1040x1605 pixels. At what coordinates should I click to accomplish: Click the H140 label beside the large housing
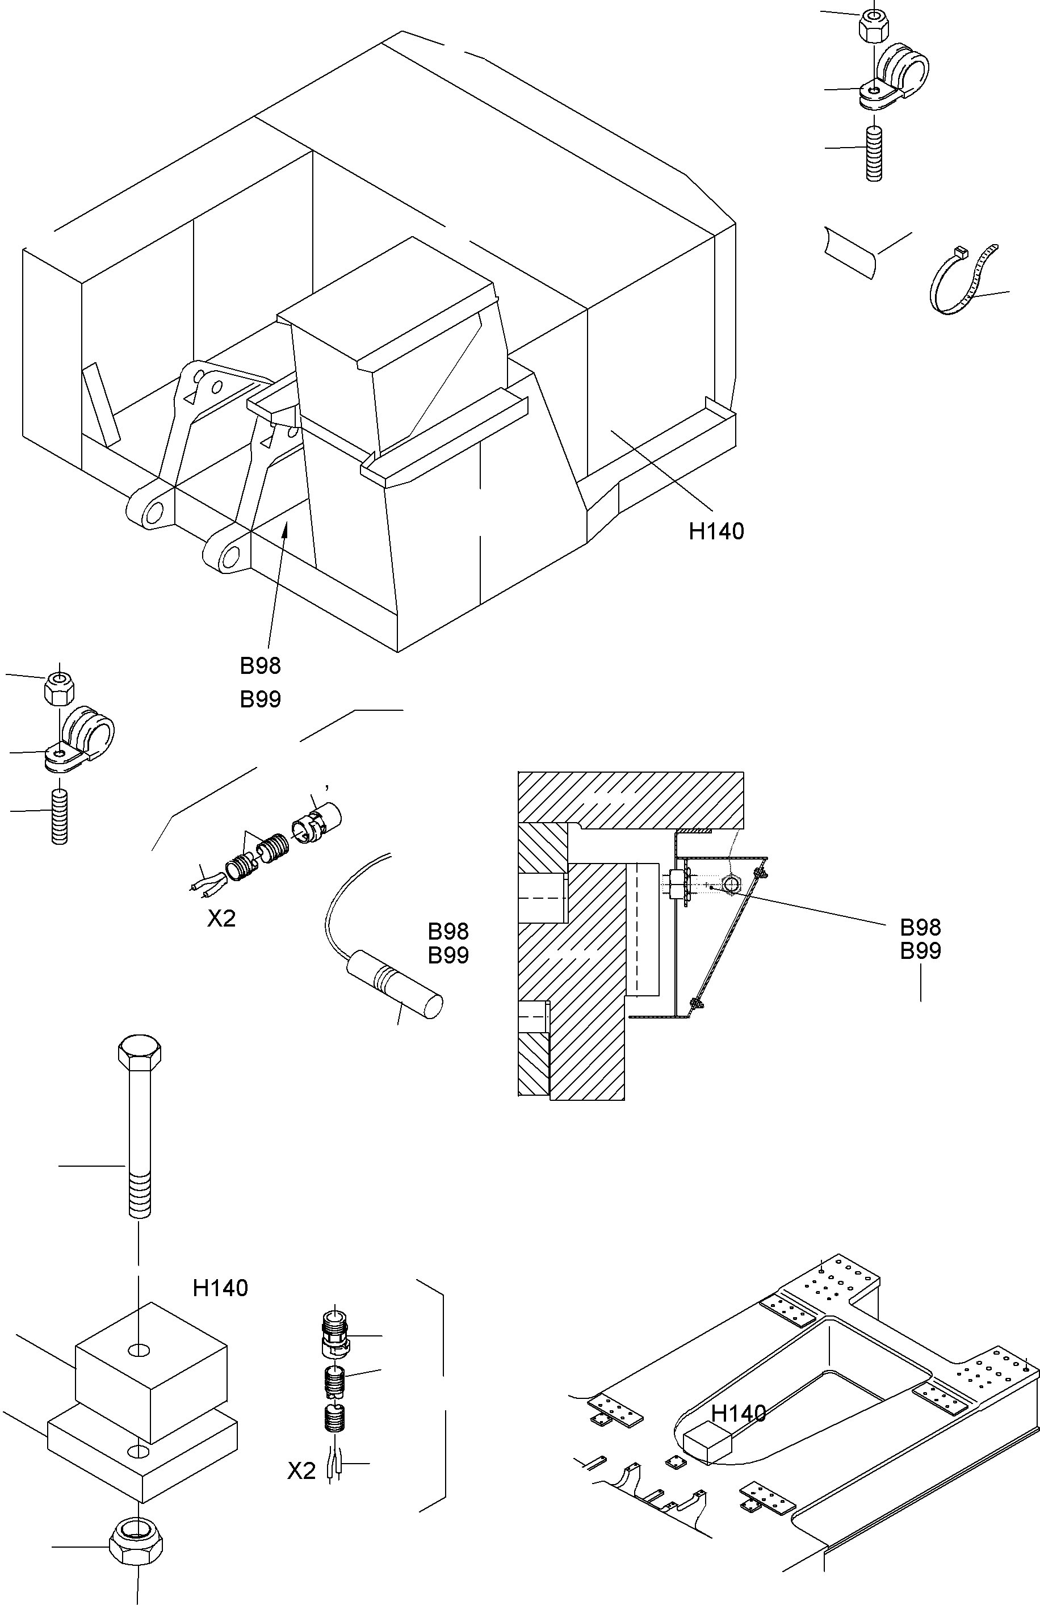point(716,531)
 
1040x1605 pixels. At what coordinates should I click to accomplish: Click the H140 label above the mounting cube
point(220,1288)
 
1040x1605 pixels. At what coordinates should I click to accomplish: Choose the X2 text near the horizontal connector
point(221,919)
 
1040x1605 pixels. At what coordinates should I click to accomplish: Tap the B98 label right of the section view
point(920,928)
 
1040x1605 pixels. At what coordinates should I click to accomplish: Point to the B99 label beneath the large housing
point(261,699)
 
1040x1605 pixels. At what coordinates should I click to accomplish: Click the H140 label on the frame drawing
point(739,1414)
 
